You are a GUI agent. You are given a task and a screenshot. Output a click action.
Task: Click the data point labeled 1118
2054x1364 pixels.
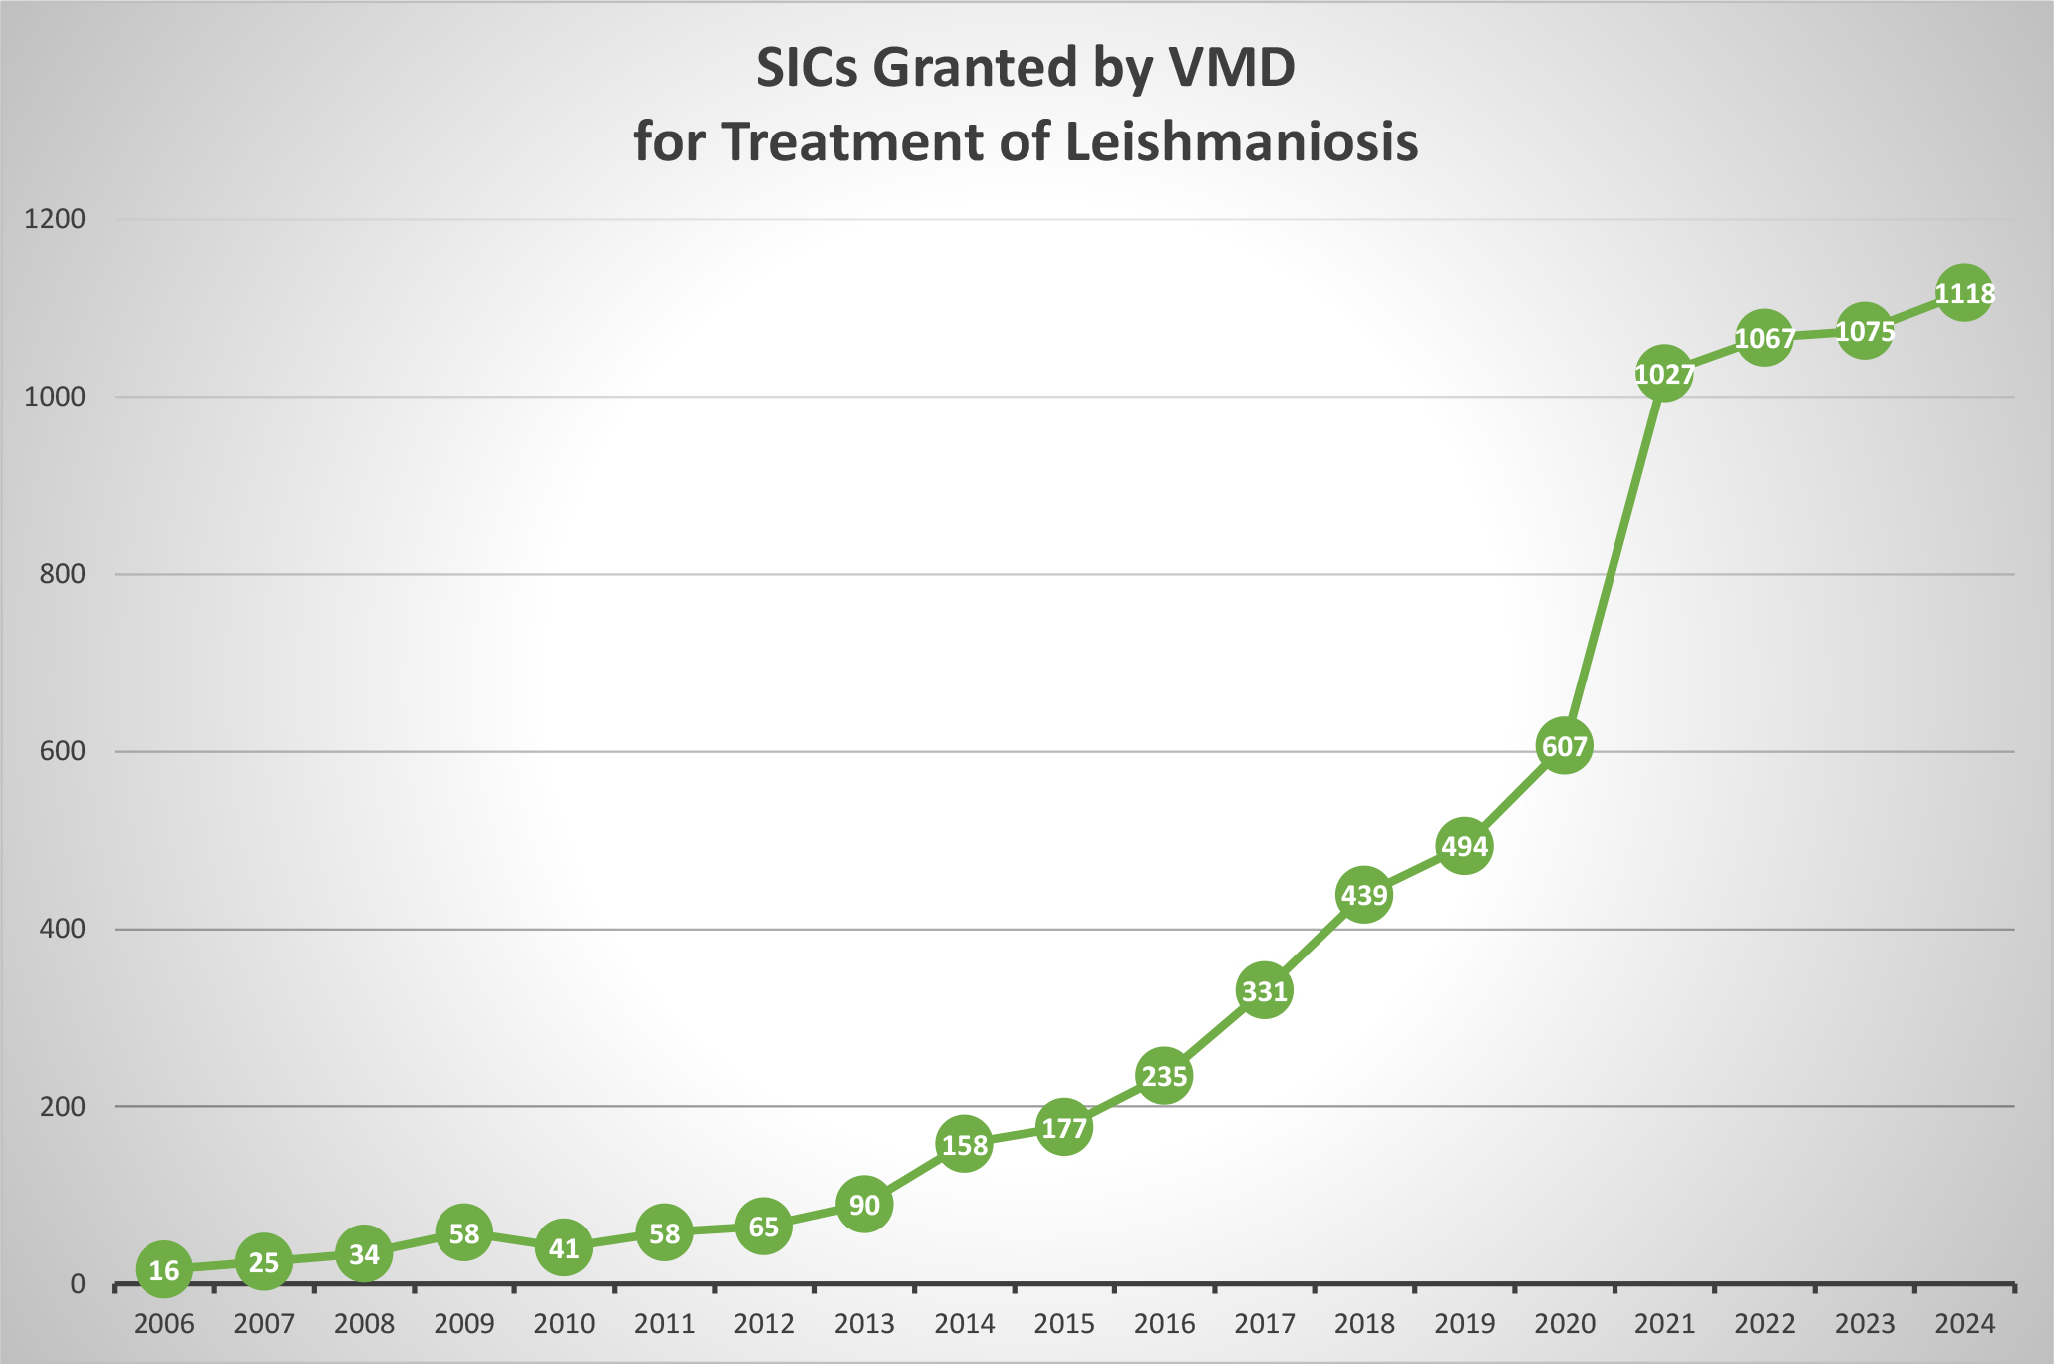(1963, 293)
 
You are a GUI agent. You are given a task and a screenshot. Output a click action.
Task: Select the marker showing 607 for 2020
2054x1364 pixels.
(1563, 746)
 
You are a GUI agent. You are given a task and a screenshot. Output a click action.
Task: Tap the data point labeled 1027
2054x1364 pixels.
(1663, 374)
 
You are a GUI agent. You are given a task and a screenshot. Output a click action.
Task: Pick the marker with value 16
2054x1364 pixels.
(163, 1270)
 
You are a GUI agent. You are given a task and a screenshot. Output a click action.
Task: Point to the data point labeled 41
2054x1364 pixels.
(564, 1247)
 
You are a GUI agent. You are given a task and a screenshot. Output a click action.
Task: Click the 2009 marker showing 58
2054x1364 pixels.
(463, 1233)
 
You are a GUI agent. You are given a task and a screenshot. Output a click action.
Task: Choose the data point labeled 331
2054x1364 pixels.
(1264, 991)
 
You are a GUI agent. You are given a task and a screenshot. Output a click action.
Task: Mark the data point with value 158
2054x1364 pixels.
(964, 1145)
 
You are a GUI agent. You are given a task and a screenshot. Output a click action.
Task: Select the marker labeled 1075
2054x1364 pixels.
(1864, 331)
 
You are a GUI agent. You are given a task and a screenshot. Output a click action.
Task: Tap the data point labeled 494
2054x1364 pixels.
(1464, 846)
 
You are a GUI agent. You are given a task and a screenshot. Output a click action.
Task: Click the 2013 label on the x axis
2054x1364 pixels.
(864, 1324)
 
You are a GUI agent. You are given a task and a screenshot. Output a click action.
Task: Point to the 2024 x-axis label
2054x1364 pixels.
(1964, 1324)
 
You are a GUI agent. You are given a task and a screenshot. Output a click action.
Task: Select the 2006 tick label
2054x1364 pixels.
(163, 1324)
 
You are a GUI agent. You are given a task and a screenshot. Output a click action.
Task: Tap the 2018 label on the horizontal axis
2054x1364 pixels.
(1364, 1324)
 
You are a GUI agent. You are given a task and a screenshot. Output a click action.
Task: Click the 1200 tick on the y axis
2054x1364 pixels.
(54, 219)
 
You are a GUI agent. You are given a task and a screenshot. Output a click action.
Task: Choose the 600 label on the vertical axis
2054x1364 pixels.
(63, 751)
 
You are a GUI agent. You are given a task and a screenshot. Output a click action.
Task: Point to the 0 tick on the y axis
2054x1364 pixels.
(78, 1284)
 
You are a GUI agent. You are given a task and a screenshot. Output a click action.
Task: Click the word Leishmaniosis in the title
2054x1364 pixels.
(1241, 142)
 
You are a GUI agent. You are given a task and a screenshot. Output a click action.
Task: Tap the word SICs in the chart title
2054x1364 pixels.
(812, 68)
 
